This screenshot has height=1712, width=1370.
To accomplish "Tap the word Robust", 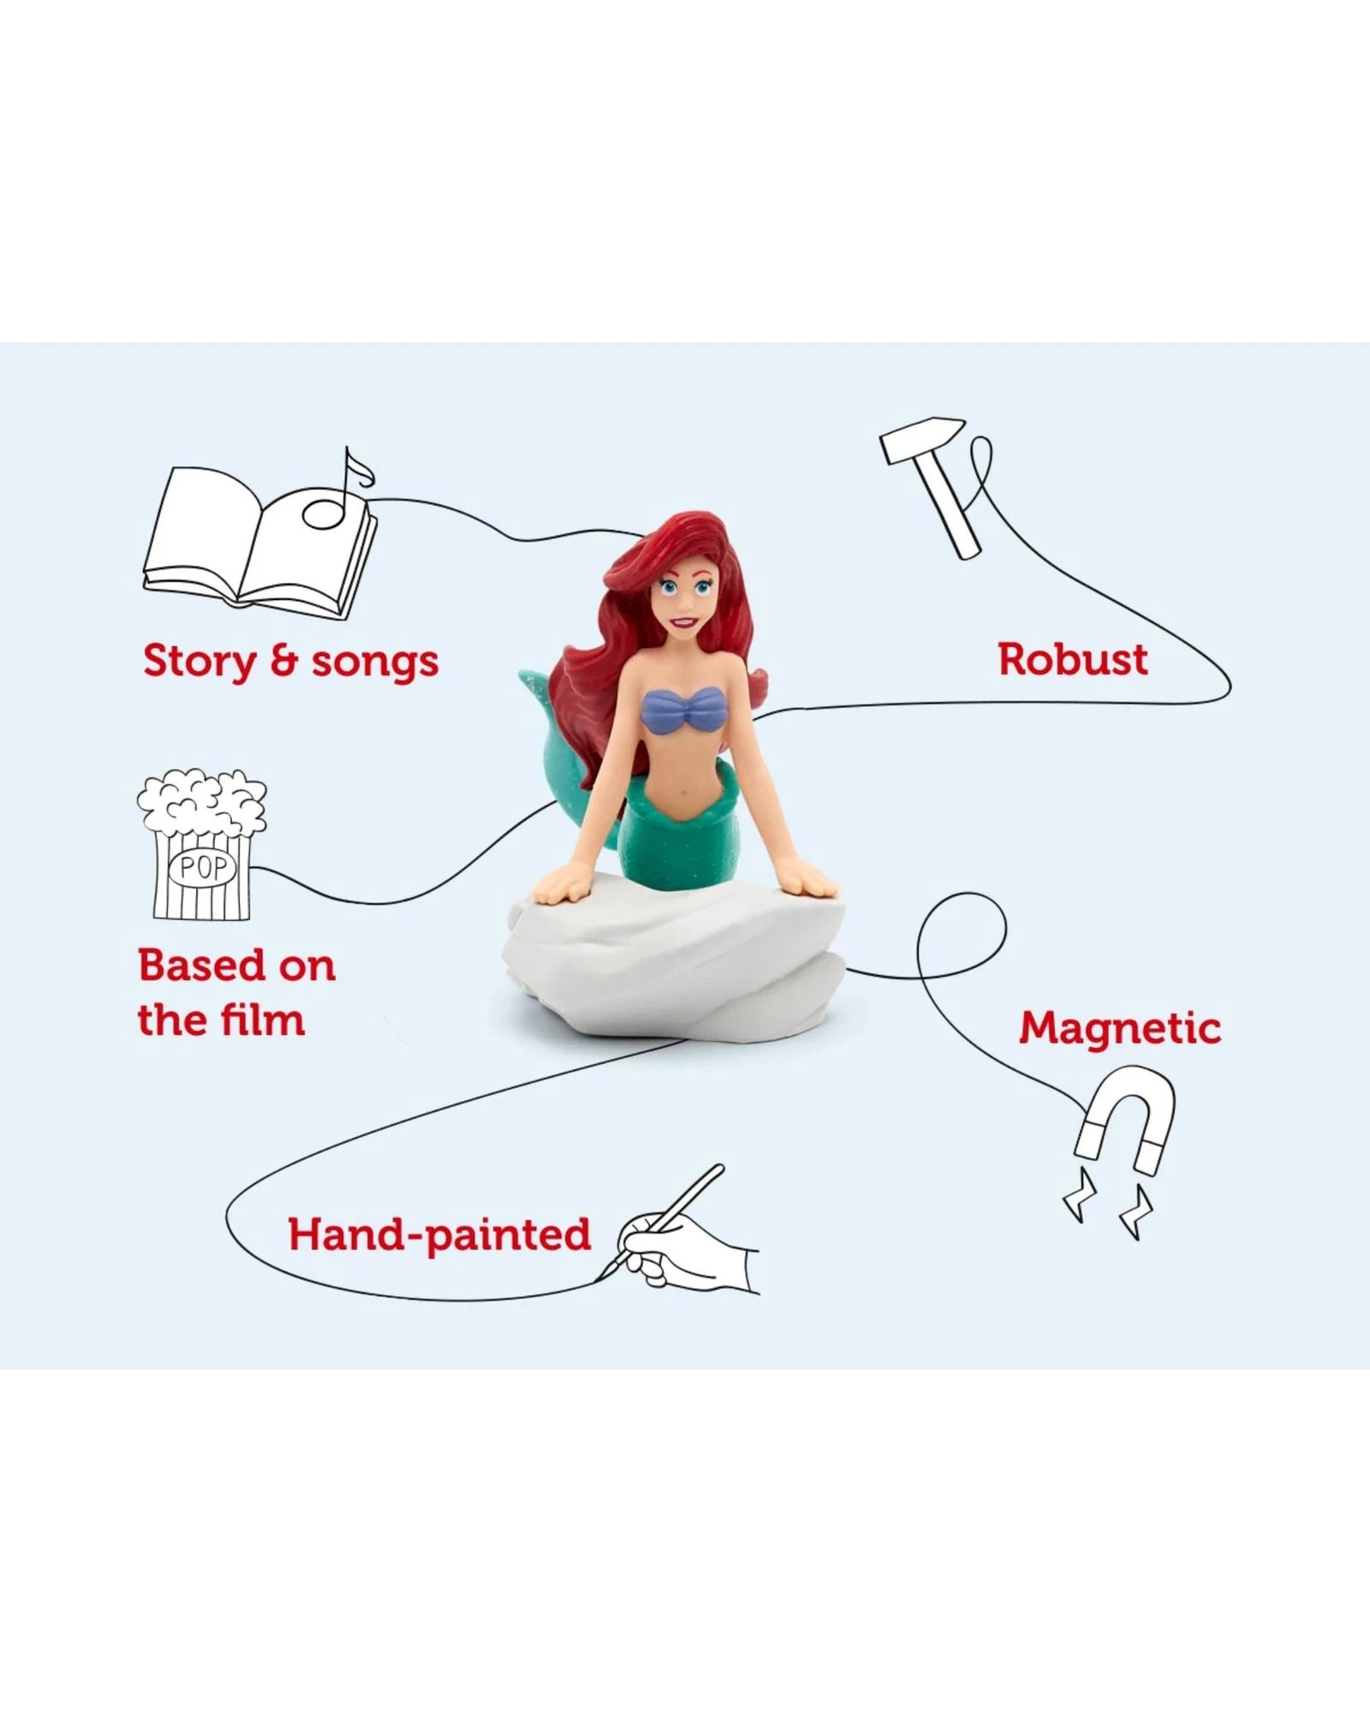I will pyautogui.click(x=1073, y=660).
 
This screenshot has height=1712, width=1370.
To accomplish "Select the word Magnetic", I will pyautogui.click(x=1119, y=1028).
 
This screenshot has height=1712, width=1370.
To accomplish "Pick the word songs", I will pyautogui.click(x=375, y=662).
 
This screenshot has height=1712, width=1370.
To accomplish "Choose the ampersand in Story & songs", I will pyautogui.click(x=283, y=662).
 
